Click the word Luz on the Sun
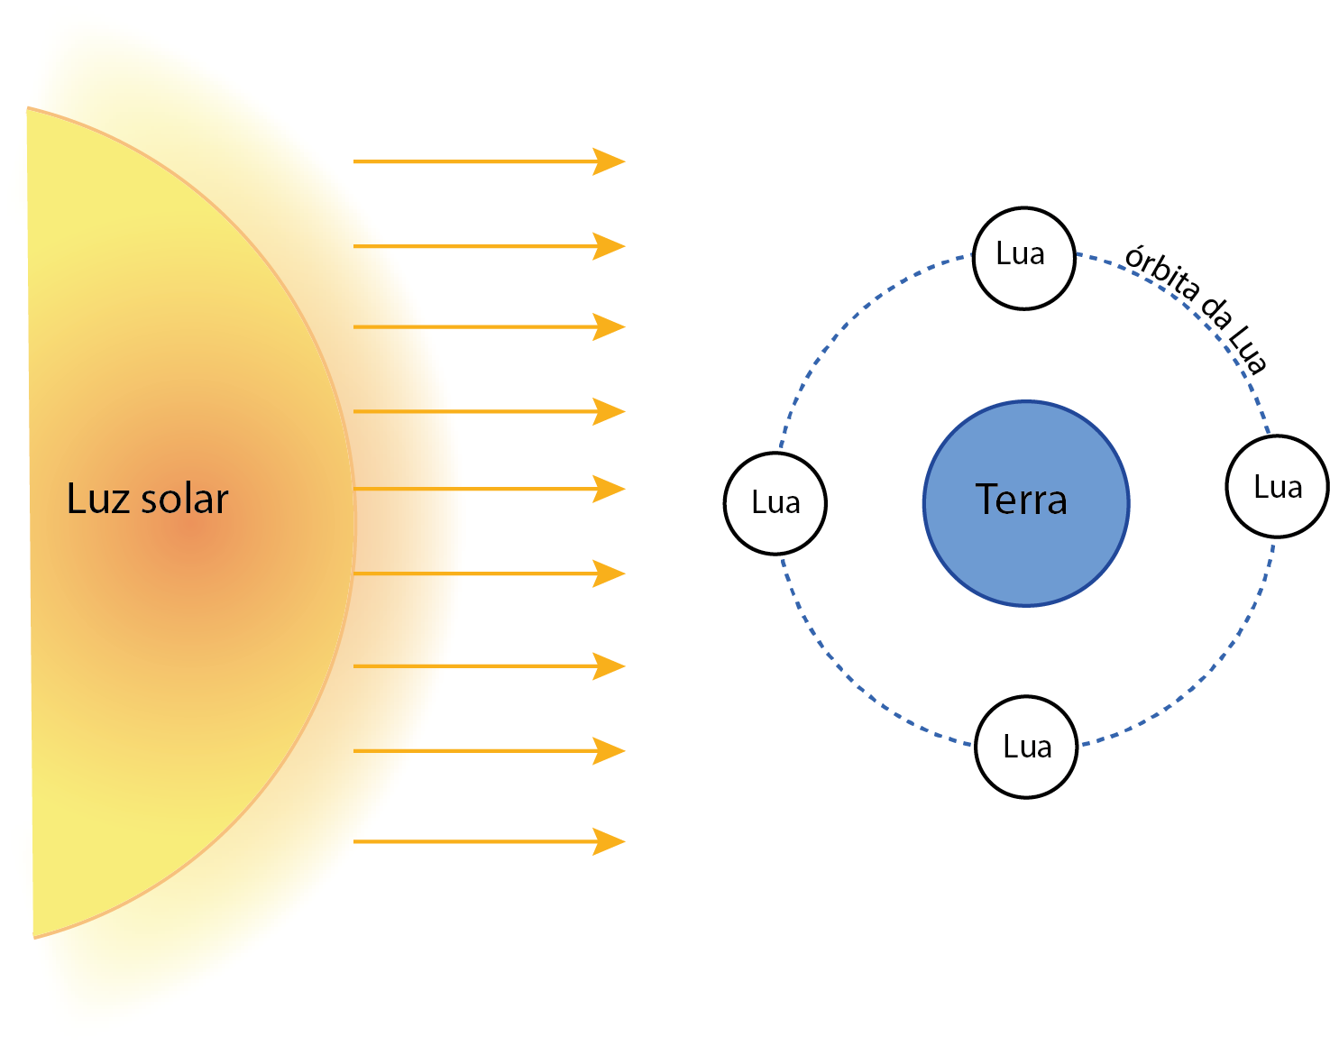(x=98, y=499)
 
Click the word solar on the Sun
(x=185, y=499)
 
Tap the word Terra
(x=1021, y=500)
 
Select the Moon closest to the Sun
(x=775, y=504)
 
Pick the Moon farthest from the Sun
(x=1278, y=487)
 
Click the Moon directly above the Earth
(x=1024, y=259)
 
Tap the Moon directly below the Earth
(x=1026, y=747)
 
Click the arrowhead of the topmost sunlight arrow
(x=609, y=161)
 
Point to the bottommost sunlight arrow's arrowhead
(x=609, y=841)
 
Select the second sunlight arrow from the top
(x=490, y=246)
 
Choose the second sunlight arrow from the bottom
(x=490, y=751)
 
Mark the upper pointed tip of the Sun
(x=27, y=108)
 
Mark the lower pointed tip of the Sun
(x=34, y=938)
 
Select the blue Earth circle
(x=1026, y=504)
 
